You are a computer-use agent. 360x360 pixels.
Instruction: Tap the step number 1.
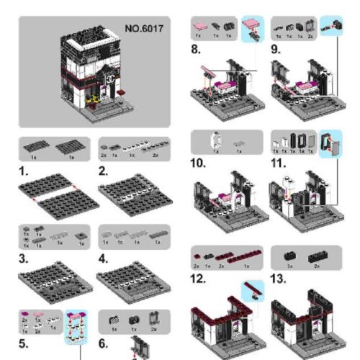click(x=24, y=173)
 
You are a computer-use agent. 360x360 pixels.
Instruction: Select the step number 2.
click(x=104, y=173)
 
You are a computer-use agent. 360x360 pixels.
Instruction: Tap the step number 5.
click(x=25, y=343)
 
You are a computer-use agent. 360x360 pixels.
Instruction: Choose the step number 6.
click(x=104, y=343)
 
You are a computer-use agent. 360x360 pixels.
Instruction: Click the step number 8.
click(x=197, y=50)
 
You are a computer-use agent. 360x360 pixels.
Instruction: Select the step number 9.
click(x=276, y=50)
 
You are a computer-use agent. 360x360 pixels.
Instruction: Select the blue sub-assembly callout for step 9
click(x=330, y=28)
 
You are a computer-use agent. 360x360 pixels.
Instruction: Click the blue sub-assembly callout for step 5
click(x=74, y=328)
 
